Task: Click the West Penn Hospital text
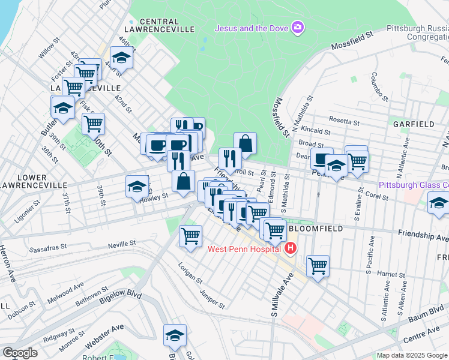[244, 249]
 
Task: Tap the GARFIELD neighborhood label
[414, 124]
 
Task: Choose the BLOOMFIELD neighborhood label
[315, 229]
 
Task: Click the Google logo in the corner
[19, 353]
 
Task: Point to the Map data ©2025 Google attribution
[412, 355]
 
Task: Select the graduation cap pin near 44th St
[122, 58]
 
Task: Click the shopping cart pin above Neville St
[190, 235]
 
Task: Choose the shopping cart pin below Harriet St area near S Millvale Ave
[318, 265]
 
